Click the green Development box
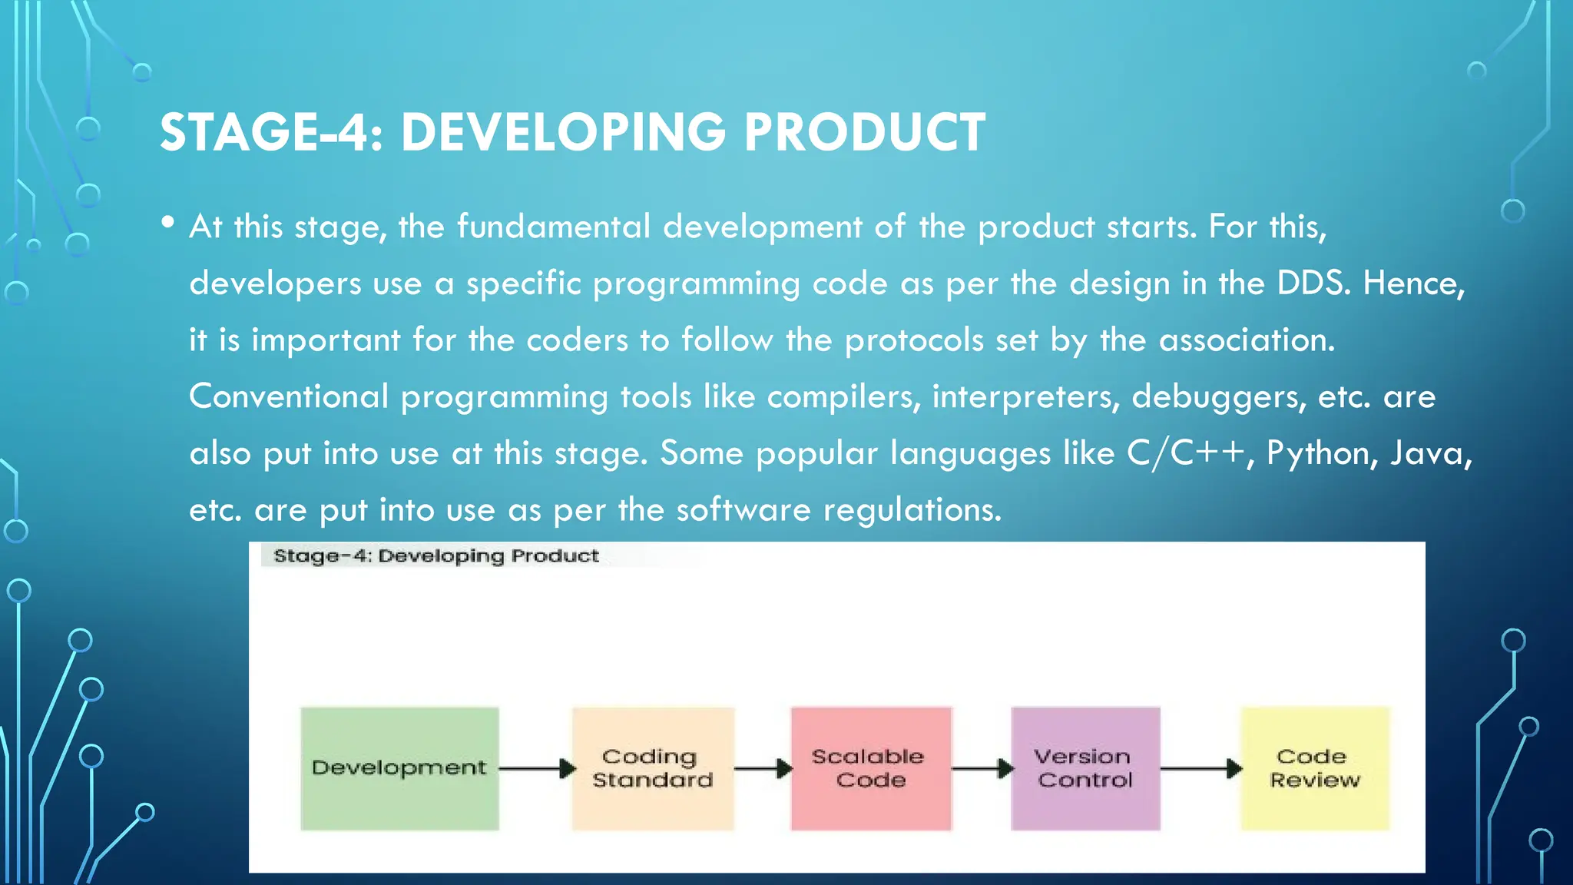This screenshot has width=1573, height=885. click(399, 768)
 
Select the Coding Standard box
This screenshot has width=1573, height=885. click(653, 768)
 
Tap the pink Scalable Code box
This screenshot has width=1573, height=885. click(870, 768)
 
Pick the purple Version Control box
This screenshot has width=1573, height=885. click(1085, 768)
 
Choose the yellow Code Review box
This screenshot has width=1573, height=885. click(1314, 768)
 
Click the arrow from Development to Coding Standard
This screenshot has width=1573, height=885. click(536, 768)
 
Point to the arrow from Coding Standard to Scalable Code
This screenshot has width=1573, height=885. click(763, 768)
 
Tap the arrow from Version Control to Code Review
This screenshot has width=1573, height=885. click(1200, 768)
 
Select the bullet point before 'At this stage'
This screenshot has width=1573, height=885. click(168, 223)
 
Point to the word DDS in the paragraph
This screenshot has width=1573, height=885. click(1313, 283)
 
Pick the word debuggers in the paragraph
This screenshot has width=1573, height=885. click(1218, 397)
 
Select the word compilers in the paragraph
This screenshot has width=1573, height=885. click(843, 397)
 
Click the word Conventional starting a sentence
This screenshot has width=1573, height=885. click(289, 397)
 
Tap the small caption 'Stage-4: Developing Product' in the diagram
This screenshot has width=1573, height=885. click(435, 555)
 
